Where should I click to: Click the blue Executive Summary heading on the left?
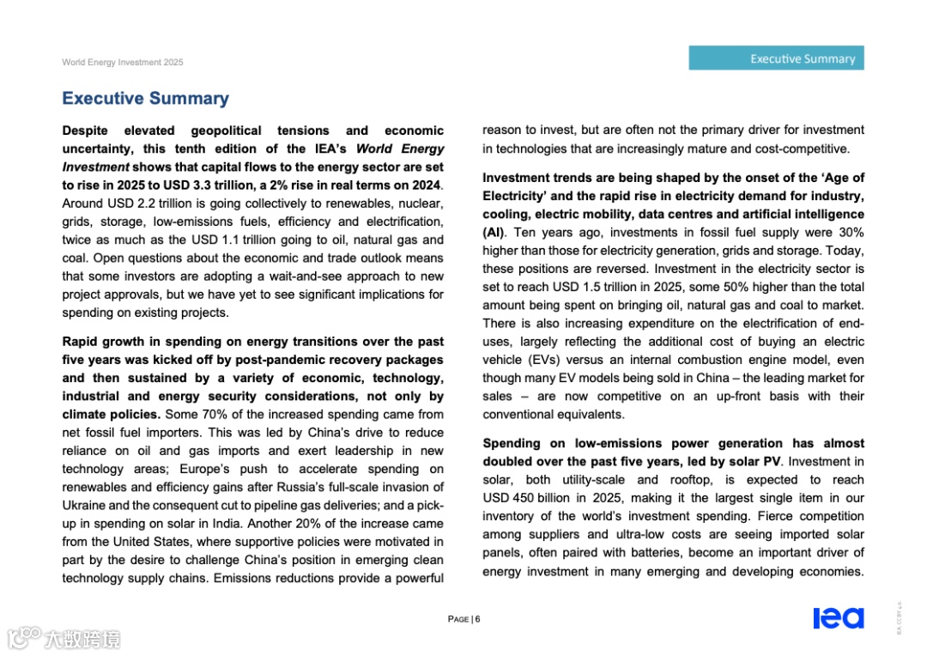tap(145, 99)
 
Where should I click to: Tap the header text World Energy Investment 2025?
tap(122, 63)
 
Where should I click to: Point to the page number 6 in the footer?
tap(477, 619)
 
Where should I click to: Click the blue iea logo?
tap(838, 618)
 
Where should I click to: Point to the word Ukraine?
tap(84, 505)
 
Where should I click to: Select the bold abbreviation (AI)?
tap(494, 233)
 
